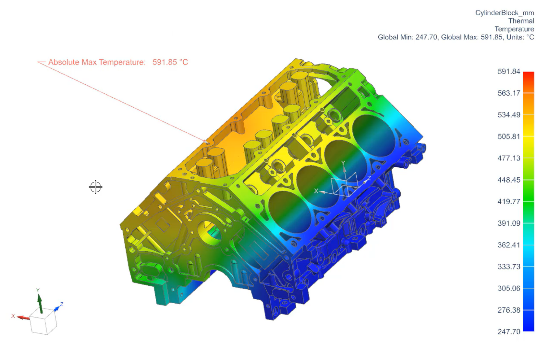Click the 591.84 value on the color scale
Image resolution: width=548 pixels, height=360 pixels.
[508, 72]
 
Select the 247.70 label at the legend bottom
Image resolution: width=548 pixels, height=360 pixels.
[508, 332]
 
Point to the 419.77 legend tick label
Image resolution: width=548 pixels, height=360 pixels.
[508, 202]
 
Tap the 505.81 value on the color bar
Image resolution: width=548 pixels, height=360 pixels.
[508, 137]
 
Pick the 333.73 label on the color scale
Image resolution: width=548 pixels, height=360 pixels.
[508, 267]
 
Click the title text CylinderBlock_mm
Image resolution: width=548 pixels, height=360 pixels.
[504, 13]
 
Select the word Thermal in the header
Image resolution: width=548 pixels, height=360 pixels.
[521, 21]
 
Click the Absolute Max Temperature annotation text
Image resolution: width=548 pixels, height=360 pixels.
[97, 62]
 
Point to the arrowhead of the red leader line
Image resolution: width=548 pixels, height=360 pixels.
[207, 142]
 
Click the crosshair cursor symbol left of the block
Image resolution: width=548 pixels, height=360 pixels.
[95, 187]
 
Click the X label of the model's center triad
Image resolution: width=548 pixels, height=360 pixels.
[316, 191]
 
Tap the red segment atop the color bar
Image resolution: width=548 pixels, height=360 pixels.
[529, 78]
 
